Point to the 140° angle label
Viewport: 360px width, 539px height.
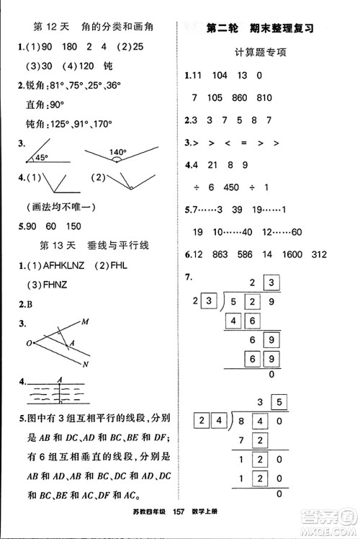click(118, 153)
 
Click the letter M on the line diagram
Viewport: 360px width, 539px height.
click(85, 321)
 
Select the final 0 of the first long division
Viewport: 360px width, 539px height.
click(271, 375)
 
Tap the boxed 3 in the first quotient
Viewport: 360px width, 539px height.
click(271, 281)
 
